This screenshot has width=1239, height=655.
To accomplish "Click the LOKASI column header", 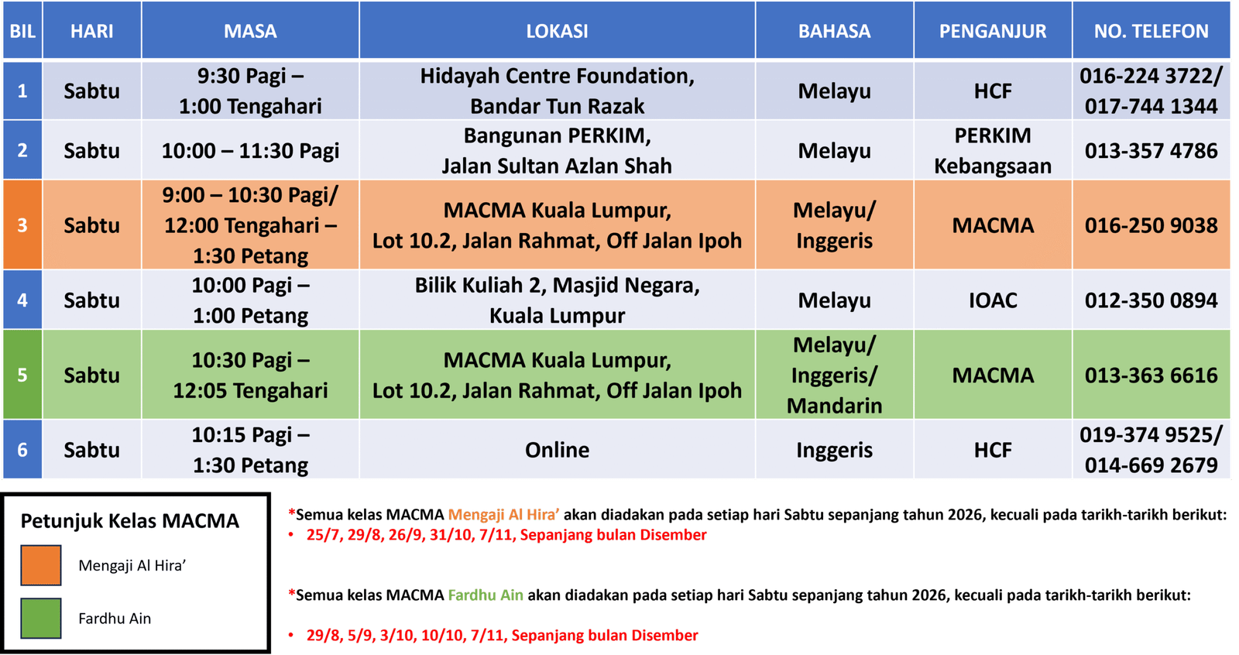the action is (x=557, y=30).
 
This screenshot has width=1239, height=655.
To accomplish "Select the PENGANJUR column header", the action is (x=993, y=30).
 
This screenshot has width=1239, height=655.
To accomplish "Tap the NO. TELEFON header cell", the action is (x=1151, y=30).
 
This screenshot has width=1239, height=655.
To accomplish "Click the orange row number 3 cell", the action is (x=22, y=225).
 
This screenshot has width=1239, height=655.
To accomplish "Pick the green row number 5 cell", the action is (x=22, y=375).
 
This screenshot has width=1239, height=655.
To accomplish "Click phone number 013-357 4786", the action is (x=1151, y=150).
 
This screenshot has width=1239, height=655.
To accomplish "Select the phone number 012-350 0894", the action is (x=1151, y=300).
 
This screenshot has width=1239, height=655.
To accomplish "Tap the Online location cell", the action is (x=557, y=449).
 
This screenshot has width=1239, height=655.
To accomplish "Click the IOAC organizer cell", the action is (x=993, y=300).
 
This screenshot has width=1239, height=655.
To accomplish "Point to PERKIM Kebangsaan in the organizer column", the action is (x=993, y=150).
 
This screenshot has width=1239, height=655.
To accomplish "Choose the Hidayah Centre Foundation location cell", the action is (x=557, y=91).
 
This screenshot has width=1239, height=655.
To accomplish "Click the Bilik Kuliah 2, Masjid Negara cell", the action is (x=557, y=300).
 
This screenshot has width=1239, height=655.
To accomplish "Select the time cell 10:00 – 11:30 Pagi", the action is (x=251, y=150).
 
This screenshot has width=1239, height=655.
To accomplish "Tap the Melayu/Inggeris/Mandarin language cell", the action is (x=835, y=375).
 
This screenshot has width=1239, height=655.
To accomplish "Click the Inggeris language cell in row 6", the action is (x=835, y=449).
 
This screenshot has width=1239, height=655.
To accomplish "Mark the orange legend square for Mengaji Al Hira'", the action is (x=41, y=565).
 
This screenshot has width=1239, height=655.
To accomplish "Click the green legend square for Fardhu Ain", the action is (x=41, y=618).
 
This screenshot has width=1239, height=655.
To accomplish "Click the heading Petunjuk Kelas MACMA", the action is (x=130, y=521).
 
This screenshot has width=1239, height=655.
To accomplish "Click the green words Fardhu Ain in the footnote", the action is (x=486, y=595).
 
